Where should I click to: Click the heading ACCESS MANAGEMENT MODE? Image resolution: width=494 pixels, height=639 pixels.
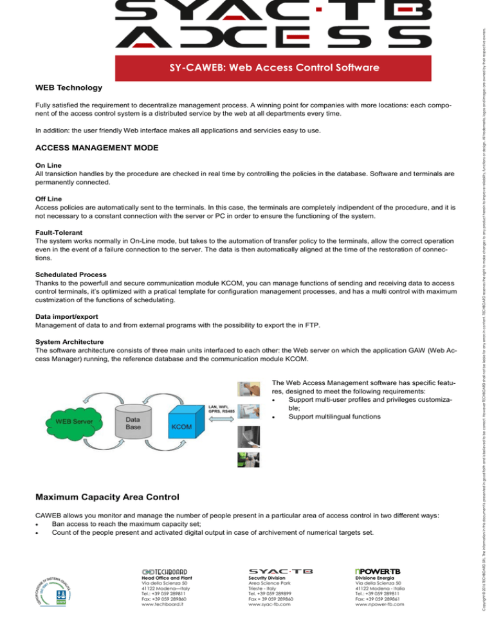(x=92, y=148)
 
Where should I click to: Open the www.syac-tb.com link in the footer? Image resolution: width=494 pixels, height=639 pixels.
(x=270, y=622)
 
